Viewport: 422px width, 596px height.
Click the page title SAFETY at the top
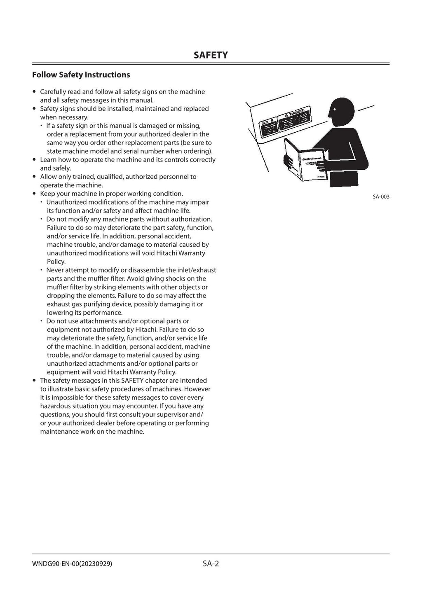pyautogui.click(x=211, y=55)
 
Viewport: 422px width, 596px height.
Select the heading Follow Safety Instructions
pyautogui.click(x=81, y=75)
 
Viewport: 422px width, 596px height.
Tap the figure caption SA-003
pyautogui.click(x=381, y=197)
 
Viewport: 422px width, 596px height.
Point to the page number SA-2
pyautogui.click(x=211, y=563)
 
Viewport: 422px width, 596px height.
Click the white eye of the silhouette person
pyautogui.click(x=334, y=110)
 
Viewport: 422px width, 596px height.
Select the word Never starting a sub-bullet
pyautogui.click(x=55, y=270)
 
